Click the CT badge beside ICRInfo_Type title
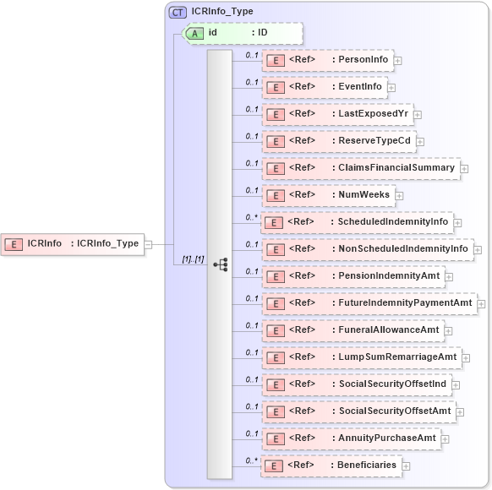178,12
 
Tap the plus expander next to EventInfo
391,87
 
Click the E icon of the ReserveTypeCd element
275,141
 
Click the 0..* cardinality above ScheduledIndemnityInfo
250,217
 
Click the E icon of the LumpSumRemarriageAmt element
275,357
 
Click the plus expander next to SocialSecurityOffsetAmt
461,412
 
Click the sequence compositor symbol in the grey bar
221,264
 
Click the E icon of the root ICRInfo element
14,244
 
